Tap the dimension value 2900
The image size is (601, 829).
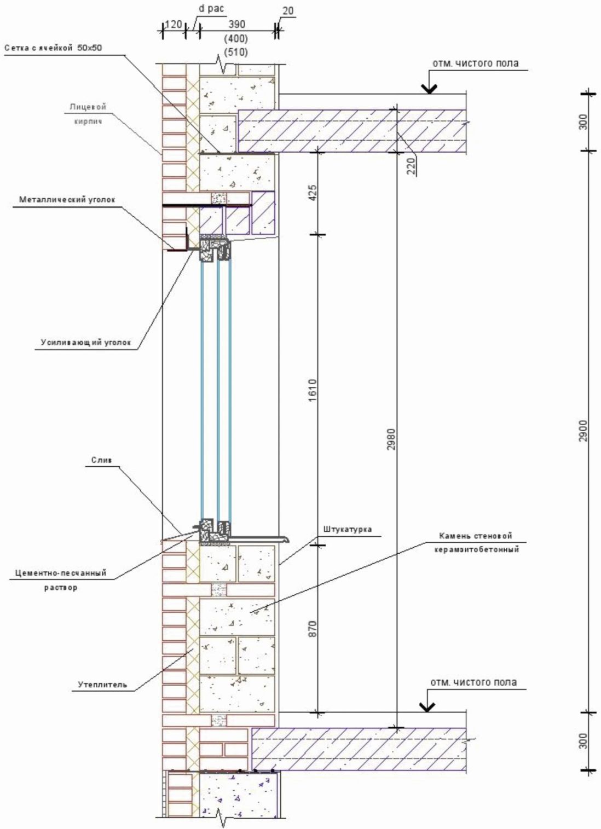click(x=583, y=431)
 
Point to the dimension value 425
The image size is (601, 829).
click(x=313, y=193)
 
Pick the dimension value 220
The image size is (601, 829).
click(x=412, y=165)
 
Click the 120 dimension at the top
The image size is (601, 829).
click(x=173, y=24)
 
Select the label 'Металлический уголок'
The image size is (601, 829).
click(x=68, y=200)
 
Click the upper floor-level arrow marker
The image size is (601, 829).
click(x=428, y=86)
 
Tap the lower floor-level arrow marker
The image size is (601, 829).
click(x=428, y=705)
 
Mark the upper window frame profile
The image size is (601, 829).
click(x=215, y=248)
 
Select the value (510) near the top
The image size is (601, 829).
click(x=236, y=53)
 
